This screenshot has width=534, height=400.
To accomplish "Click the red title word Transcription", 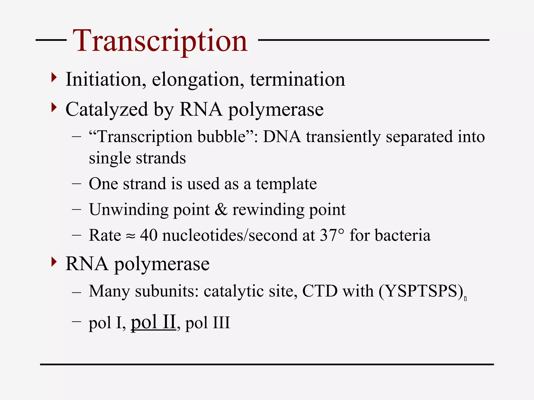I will pyautogui.click(x=160, y=41).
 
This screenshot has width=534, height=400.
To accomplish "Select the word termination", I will pyautogui.click(x=298, y=79).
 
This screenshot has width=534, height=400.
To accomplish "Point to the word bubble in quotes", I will pyautogui.click(x=222, y=136).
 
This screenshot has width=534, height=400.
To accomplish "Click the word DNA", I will pyautogui.click(x=282, y=136).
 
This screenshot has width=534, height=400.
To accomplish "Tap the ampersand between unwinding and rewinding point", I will pyautogui.click(x=221, y=210).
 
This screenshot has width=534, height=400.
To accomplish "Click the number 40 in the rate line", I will pyautogui.click(x=149, y=235).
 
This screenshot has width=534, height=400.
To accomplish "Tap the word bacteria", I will pyautogui.click(x=403, y=235).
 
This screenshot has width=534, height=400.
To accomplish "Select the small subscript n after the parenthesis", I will pyautogui.click(x=465, y=298).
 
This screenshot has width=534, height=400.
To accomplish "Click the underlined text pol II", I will pyautogui.click(x=153, y=322).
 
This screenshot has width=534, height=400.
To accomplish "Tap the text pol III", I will pyautogui.click(x=208, y=323).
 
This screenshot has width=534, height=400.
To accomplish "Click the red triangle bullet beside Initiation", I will pyautogui.click(x=54, y=78).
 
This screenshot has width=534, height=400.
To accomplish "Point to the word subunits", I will pyautogui.click(x=167, y=291).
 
